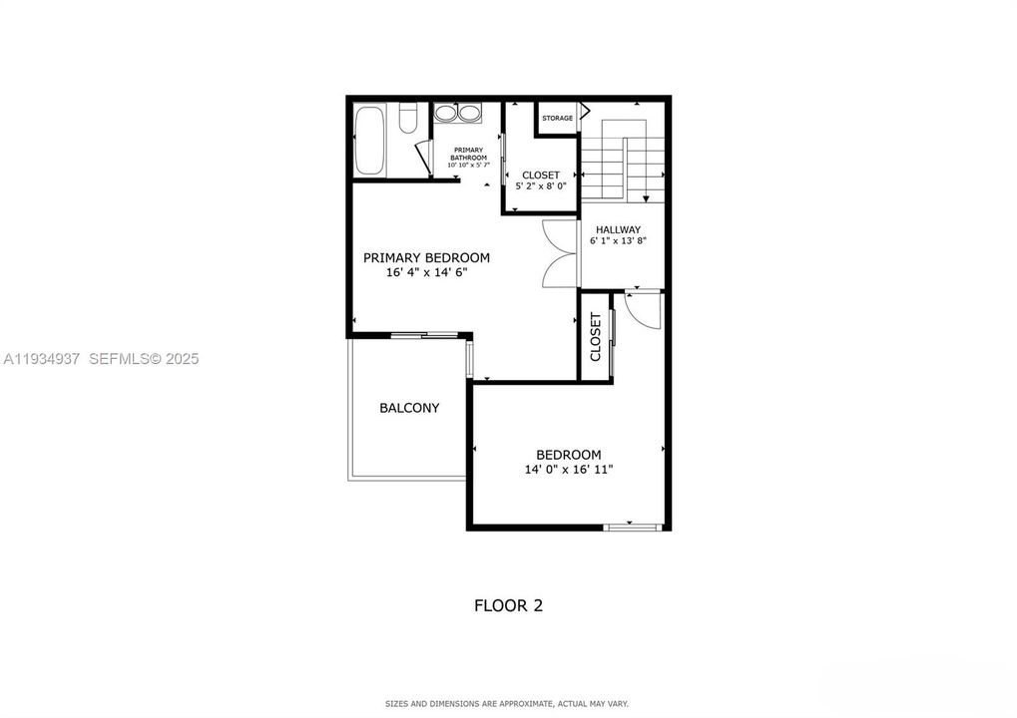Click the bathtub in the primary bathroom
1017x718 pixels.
(368, 141)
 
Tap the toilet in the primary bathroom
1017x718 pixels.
(406, 120)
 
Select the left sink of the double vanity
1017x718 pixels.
(445, 114)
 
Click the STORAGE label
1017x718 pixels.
(557, 119)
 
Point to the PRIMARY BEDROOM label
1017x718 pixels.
(426, 257)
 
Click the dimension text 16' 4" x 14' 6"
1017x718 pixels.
(426, 272)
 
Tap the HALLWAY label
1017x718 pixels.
(619, 229)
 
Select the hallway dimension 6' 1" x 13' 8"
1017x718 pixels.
(619, 241)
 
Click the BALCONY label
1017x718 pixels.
(409, 408)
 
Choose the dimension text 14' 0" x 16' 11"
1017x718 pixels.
(568, 469)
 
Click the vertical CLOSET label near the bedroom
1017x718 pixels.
(596, 337)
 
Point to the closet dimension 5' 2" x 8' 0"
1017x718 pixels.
(540, 186)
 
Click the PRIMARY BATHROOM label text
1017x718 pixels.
(468, 154)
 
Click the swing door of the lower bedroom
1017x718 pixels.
(645, 310)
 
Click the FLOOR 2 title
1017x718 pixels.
(508, 605)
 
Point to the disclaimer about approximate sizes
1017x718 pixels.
(508, 704)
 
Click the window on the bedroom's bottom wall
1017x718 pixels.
(634, 526)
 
